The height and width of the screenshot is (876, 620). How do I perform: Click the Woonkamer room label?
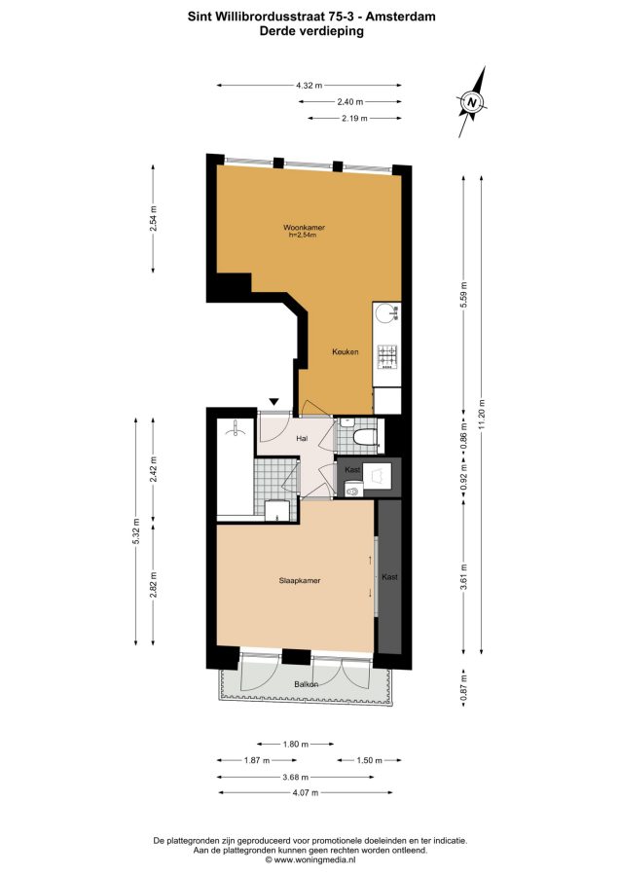pyautogui.click(x=304, y=228)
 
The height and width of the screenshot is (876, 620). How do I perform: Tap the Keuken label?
pyautogui.click(x=346, y=352)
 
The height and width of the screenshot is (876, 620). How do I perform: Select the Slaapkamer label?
pyautogui.click(x=300, y=580)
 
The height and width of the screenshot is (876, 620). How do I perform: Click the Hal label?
pyautogui.click(x=302, y=439)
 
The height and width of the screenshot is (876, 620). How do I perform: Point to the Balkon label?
pyautogui.click(x=306, y=684)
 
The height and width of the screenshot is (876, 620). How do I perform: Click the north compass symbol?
pyautogui.click(x=472, y=102)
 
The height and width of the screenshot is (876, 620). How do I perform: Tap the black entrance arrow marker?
pyautogui.click(x=274, y=401)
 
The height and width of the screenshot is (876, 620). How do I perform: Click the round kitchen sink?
pyautogui.click(x=385, y=313)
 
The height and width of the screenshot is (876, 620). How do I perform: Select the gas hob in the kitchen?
pyautogui.click(x=387, y=356)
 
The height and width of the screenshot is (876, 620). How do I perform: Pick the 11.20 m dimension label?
pyautogui.click(x=482, y=415)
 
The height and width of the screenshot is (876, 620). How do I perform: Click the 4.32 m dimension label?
pyautogui.click(x=309, y=86)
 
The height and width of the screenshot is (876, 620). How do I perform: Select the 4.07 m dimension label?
pyautogui.click(x=305, y=792)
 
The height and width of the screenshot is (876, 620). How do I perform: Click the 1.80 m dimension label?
pyautogui.click(x=296, y=745)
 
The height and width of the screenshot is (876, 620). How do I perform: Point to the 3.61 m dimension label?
pyautogui.click(x=463, y=576)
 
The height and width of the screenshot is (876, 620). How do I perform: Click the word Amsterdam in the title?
pyautogui.click(x=402, y=17)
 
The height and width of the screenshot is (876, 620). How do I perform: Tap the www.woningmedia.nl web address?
pyautogui.click(x=314, y=860)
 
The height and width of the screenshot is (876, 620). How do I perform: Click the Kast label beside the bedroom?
pyautogui.click(x=390, y=576)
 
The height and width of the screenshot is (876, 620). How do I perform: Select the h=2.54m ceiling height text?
pyautogui.click(x=303, y=236)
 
